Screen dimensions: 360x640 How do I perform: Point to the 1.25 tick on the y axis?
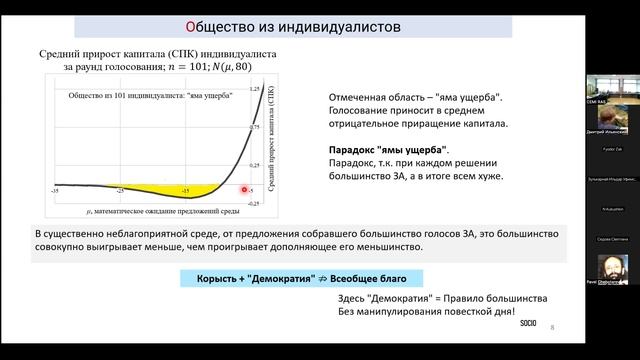(x=255, y=89)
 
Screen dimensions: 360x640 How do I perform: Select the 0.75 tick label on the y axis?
(x=255, y=127)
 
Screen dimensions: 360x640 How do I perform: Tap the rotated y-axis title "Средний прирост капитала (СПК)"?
(x=269, y=140)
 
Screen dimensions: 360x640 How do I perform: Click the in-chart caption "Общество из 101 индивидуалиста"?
(x=150, y=96)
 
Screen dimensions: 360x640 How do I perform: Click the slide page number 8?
(x=552, y=328)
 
